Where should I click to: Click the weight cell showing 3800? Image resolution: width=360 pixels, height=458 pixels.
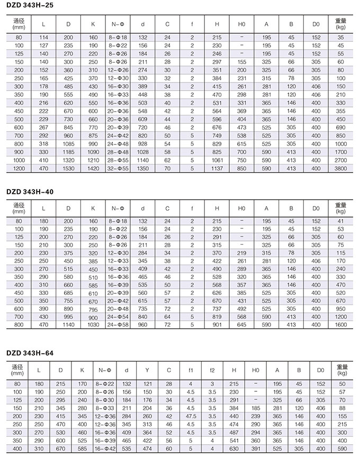click(341, 168)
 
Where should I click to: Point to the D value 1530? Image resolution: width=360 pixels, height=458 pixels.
click(69, 168)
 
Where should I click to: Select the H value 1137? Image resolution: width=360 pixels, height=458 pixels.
click(217, 168)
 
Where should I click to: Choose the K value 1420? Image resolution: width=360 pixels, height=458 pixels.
click(93, 168)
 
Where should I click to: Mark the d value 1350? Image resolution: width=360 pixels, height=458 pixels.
click(142, 168)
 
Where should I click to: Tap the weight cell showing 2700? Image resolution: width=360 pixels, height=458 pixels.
click(341, 159)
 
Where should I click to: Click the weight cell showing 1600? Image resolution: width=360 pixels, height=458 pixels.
click(341, 325)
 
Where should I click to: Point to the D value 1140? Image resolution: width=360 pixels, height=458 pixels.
click(69, 325)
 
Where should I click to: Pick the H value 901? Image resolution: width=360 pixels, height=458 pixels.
click(217, 325)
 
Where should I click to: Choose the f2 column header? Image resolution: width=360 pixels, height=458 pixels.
click(212, 370)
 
